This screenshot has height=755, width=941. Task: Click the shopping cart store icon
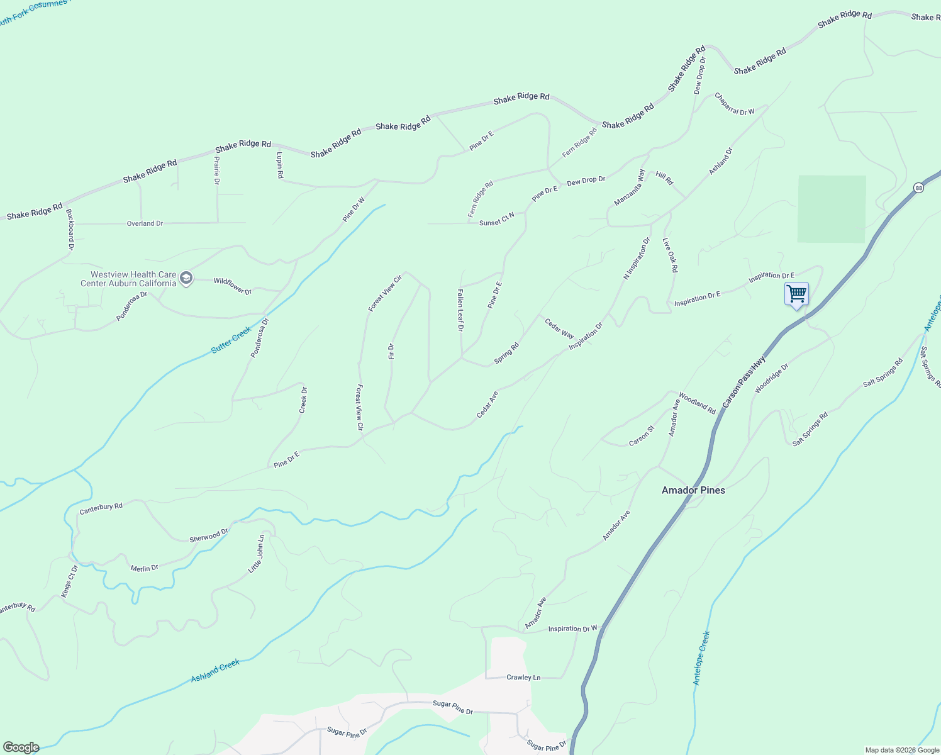pos(796,294)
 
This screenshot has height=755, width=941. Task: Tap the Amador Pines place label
pos(693,490)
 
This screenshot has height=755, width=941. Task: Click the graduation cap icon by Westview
pos(186,278)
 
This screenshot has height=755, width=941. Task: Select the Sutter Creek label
pos(231,339)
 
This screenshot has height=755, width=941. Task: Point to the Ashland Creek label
pos(215,671)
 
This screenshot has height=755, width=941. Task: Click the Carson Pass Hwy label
pos(743,381)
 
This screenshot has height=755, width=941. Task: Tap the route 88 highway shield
pos(919,187)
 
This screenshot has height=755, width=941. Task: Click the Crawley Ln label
pos(523,678)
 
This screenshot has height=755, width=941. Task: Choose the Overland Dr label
pos(145,223)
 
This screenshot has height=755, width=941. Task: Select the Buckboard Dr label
pos(70,230)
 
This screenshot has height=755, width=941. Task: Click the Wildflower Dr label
pos(233,286)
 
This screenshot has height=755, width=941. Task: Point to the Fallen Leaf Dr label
pos(460,310)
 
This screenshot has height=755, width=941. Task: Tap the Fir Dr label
pos(391,351)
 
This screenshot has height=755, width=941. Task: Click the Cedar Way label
pos(559,328)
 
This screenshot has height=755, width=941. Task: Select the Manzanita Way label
pos(630,187)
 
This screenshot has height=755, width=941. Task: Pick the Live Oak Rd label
pos(671,255)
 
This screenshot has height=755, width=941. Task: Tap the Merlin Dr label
pos(144,568)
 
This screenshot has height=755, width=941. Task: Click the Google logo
pos(20,747)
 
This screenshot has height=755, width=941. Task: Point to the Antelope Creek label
pos(701,658)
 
